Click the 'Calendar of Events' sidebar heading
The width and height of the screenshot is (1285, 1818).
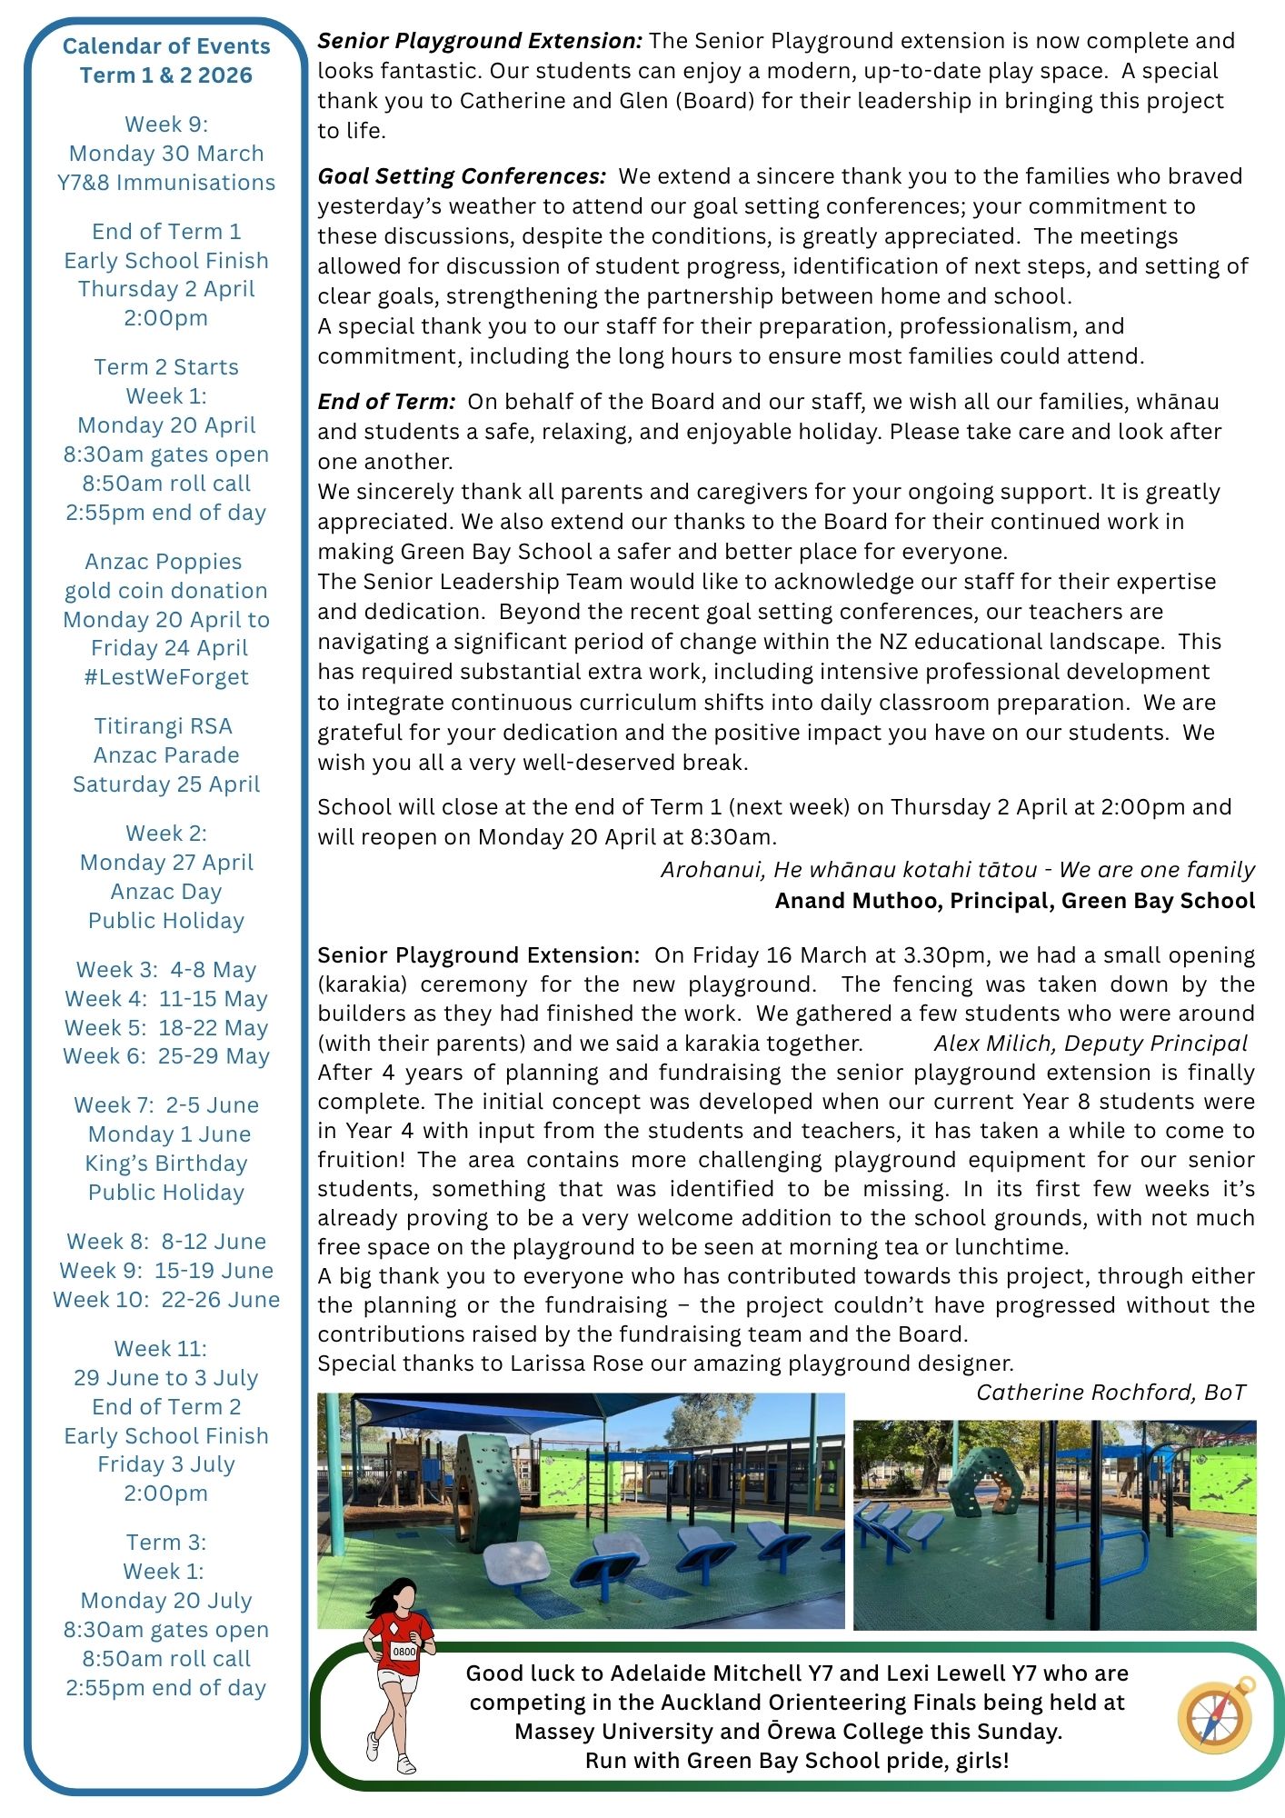click(x=166, y=46)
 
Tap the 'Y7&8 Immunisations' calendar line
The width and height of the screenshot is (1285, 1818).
click(x=166, y=183)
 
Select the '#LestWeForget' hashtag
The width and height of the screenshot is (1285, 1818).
click(x=166, y=677)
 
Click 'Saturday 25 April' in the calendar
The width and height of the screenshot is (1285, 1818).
click(x=166, y=784)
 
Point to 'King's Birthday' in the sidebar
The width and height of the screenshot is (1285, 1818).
click(x=166, y=1164)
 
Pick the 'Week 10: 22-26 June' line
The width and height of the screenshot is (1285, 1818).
click(x=166, y=1300)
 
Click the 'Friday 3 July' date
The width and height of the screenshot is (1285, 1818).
click(x=166, y=1464)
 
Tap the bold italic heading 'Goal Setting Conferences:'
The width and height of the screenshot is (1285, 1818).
click(x=462, y=176)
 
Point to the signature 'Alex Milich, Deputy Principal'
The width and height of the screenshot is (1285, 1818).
click(x=1091, y=1044)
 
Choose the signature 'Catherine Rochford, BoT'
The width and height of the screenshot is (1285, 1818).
click(x=1111, y=1393)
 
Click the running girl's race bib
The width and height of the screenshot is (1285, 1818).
click(x=403, y=1651)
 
